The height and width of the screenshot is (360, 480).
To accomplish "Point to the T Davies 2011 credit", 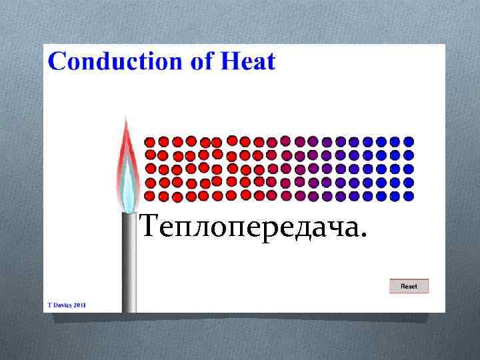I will [x=67, y=305].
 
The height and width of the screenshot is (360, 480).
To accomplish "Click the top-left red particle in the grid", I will [x=150, y=142].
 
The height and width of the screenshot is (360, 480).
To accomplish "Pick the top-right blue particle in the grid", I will [x=409, y=141].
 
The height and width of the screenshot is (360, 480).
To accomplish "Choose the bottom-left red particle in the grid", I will [x=150, y=196].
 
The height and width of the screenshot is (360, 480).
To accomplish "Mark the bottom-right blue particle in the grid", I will [x=409, y=196].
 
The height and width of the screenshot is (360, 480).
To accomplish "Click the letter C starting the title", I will [x=58, y=61].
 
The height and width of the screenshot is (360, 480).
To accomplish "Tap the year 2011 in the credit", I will [x=79, y=305].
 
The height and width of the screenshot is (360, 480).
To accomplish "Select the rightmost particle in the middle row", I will [x=409, y=169].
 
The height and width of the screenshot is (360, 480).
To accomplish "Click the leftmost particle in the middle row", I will [x=150, y=169].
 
